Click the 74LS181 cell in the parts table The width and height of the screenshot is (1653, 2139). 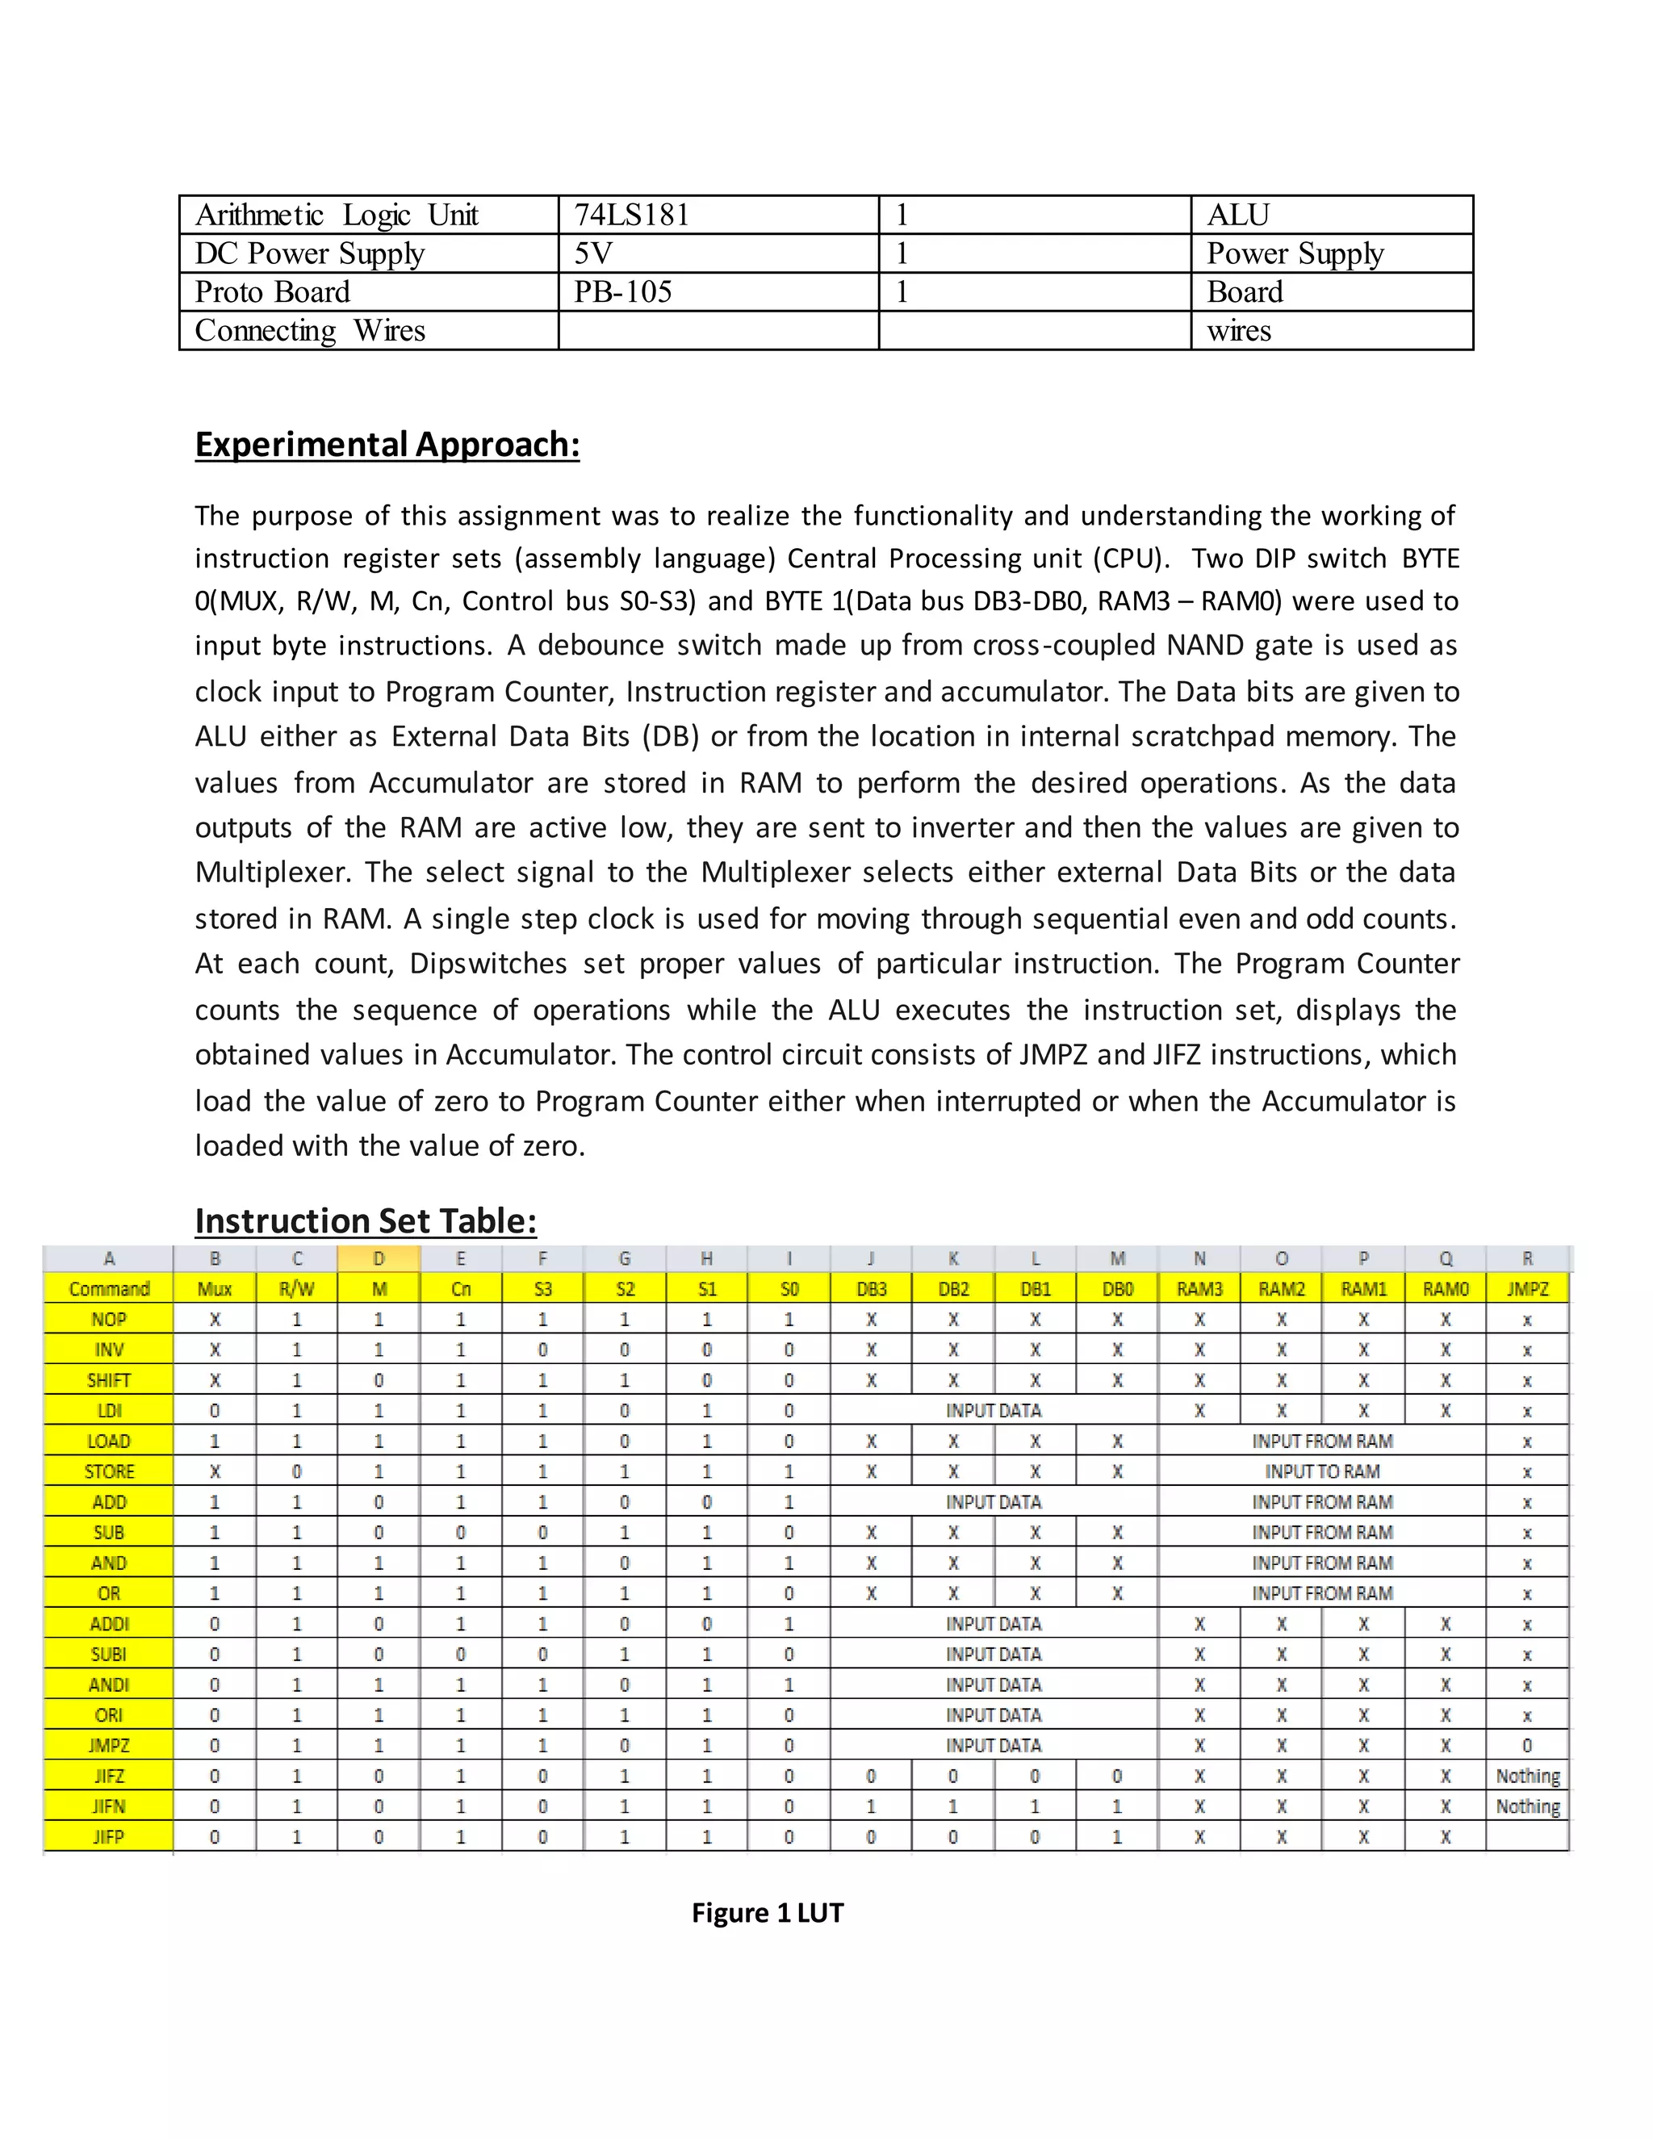(x=632, y=215)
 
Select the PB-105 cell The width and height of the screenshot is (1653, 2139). (x=623, y=292)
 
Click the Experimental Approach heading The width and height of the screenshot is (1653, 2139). (x=387, y=445)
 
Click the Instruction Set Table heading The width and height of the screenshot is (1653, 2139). (x=366, y=1220)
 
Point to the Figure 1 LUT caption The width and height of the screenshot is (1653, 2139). (x=767, y=1913)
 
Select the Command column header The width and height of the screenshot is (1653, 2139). (x=109, y=1289)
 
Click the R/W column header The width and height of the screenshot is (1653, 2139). (x=297, y=1289)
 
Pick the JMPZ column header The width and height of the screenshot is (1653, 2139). (x=1526, y=1289)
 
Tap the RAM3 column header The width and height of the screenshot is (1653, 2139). (x=1199, y=1289)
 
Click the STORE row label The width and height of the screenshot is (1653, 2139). (x=109, y=1471)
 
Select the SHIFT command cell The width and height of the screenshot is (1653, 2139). (x=109, y=1380)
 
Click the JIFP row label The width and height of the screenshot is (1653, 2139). (x=109, y=1836)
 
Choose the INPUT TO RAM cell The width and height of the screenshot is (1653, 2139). (x=1321, y=1471)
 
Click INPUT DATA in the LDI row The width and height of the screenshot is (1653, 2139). (x=993, y=1410)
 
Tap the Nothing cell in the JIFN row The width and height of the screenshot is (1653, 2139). (x=1526, y=1806)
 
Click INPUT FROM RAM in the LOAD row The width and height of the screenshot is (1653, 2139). (x=1321, y=1441)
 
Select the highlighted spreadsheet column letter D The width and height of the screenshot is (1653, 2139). (x=379, y=1258)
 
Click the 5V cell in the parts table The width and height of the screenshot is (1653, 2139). (x=593, y=253)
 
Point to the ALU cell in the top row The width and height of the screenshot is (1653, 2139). (x=1238, y=215)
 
